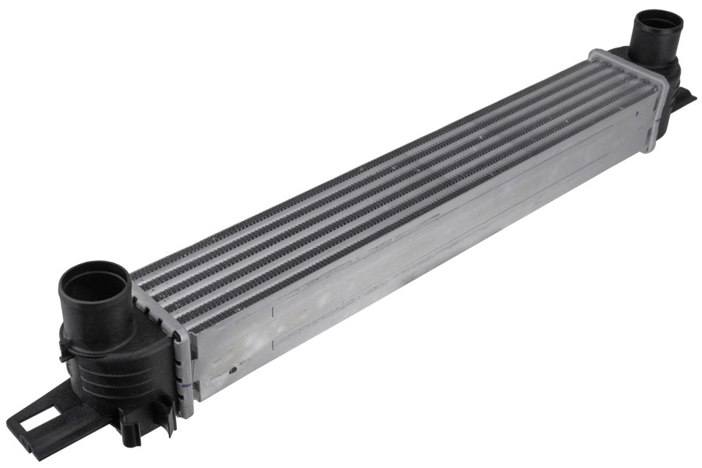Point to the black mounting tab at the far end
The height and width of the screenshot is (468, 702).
pyautogui.click(x=687, y=99)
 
